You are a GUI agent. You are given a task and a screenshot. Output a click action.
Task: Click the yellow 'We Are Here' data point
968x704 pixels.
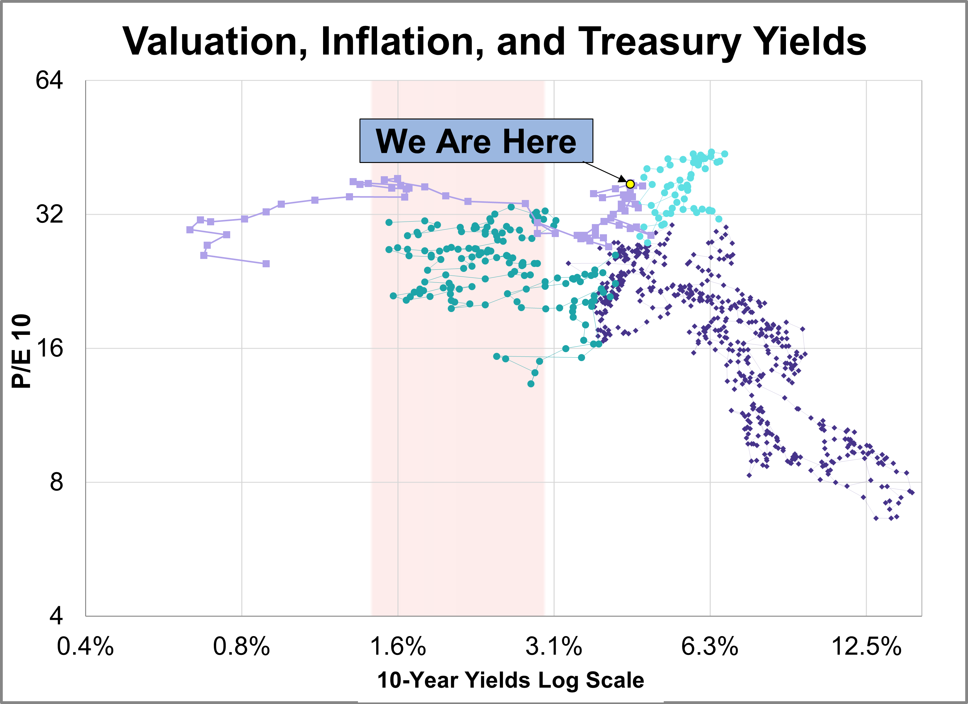point(630,184)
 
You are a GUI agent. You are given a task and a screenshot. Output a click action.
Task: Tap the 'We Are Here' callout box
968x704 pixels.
point(476,141)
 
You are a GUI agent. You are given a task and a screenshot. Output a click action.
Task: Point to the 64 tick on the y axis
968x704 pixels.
point(49,80)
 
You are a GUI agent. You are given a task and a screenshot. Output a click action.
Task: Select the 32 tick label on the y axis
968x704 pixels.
point(49,214)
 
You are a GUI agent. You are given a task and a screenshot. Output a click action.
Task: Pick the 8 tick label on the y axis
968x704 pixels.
point(56,482)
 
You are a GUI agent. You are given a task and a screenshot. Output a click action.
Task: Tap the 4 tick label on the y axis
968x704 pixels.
point(56,616)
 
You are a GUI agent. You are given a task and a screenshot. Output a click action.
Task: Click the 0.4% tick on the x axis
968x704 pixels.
point(85,646)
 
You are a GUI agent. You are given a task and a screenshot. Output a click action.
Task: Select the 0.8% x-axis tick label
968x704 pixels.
point(242,646)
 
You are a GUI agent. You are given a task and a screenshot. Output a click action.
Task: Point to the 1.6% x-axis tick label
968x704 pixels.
point(398,646)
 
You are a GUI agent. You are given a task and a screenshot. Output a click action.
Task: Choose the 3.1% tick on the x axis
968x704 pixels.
point(554,646)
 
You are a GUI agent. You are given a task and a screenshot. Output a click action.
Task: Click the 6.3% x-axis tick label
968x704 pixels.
point(710,646)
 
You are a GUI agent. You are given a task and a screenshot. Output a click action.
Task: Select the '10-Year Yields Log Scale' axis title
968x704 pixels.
point(510,680)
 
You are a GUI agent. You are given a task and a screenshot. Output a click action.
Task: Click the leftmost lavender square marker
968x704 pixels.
point(190,230)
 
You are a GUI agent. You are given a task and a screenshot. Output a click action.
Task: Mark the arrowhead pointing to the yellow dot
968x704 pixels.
point(623,180)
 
